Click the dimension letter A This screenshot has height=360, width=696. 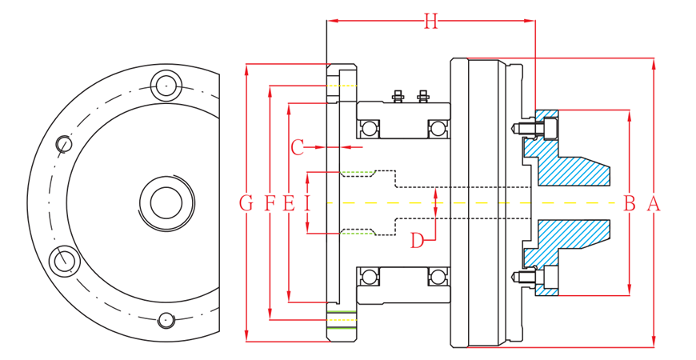coord(654,204)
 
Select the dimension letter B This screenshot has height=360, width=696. coord(630,204)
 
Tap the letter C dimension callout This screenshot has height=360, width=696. coord(297,148)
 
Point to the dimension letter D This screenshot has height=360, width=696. coord(418,240)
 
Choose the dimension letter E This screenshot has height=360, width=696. coord(289,204)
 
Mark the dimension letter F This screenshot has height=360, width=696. coord(270,204)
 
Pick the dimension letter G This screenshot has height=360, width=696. coord(246,204)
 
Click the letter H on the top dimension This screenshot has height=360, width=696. coord(430,22)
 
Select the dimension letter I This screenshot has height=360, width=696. coord(307,204)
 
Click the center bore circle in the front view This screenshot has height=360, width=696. coord(166,202)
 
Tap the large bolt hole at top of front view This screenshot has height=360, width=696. coord(166,83)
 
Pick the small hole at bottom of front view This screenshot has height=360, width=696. coord(166,320)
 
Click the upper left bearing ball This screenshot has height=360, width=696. coord(369,129)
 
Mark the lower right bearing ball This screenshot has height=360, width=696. coord(437,278)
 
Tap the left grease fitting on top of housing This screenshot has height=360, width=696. coord(398,97)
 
